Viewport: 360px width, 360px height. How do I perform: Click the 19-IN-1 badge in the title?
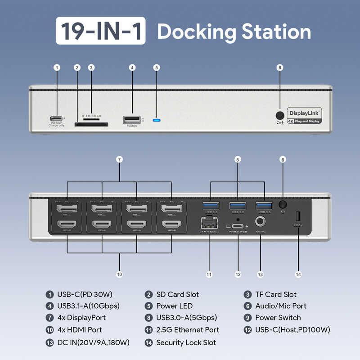point(101,31)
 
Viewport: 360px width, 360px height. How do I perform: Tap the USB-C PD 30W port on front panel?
point(57,119)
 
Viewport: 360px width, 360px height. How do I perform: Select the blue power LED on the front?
point(157,120)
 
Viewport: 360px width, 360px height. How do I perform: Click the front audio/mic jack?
point(280,115)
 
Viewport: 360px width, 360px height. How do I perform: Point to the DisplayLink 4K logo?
point(305,116)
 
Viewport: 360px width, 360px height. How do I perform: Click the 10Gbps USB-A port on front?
point(132,120)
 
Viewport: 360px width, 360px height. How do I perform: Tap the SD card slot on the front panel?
point(91,124)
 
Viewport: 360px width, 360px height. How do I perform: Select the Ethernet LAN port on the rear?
point(209,221)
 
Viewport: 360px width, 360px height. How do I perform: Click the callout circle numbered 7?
point(120,159)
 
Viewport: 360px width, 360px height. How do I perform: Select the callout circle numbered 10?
point(120,274)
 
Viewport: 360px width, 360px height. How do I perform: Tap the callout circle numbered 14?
point(298,274)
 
